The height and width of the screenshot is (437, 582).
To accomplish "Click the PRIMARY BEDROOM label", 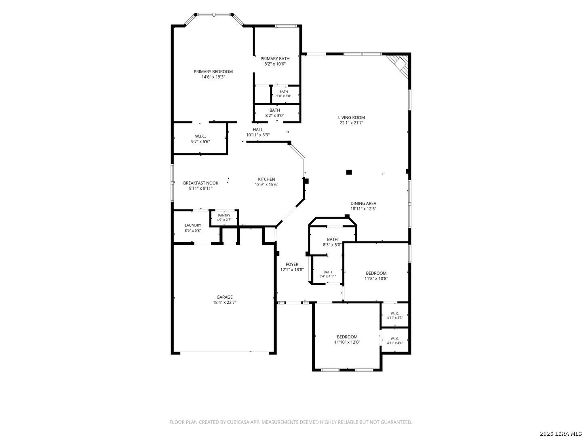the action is pos(213,72).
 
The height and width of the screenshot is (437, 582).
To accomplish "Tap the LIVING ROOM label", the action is pos(351,117).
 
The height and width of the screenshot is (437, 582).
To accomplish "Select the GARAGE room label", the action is pos(224,297).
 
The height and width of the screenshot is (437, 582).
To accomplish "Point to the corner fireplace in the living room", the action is pos(399,67).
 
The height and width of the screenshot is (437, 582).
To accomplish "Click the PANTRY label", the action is pos(224,215).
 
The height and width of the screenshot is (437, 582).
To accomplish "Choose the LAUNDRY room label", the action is pos(193,225).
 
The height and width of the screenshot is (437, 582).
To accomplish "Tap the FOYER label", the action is pos(292,264).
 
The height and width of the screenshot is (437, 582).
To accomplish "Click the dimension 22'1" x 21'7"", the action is pos(351,123).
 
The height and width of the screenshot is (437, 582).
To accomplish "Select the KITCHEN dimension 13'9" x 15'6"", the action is pos(266,185).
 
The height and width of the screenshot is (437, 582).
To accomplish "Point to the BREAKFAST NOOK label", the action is pos(200,183).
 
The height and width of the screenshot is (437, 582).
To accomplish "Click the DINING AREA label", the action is pos(363,204).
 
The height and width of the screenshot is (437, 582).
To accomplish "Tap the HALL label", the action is pos(257,130).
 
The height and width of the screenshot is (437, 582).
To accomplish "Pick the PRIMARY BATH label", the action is pos(275,59).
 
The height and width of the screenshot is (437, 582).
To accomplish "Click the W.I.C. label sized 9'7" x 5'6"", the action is pos(200,136).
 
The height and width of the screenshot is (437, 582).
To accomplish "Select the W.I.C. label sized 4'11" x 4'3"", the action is pos(394,314).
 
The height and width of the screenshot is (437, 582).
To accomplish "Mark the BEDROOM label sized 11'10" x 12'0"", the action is pos(347,337).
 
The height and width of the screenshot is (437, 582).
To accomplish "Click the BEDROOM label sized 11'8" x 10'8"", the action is pos(376,273).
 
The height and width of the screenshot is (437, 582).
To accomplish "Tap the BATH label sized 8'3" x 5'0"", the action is pos(332,239).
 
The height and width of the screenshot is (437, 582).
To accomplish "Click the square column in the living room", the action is pos(349,172).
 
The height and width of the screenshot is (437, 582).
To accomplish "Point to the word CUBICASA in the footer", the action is pos(238,422).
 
